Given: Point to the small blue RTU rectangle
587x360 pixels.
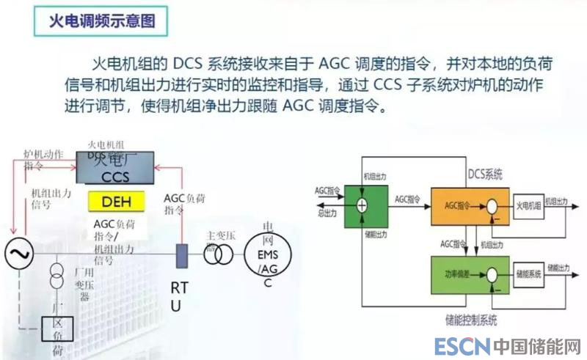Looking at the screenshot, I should pos(181,254).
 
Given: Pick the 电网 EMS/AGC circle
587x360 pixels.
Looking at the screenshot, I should pos(268,254).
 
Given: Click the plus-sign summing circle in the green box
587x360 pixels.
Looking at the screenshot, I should pos(361,205).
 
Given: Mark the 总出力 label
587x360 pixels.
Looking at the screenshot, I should pos(327,213).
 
